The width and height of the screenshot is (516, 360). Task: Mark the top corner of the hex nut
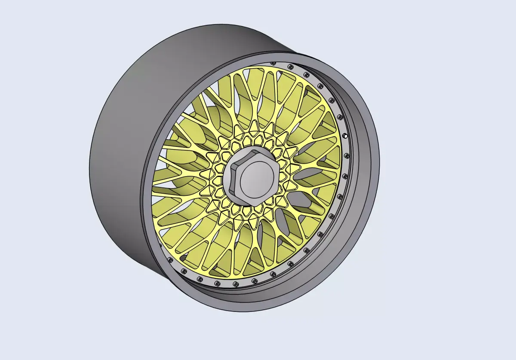coord(254,147)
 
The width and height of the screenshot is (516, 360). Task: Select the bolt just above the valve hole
coord(340,116)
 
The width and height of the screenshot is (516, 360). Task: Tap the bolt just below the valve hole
coord(344,176)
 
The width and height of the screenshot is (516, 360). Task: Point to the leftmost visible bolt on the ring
coord(171,261)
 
